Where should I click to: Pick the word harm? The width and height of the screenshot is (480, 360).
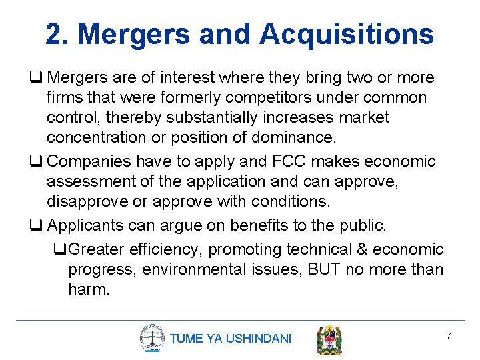pos(89,289)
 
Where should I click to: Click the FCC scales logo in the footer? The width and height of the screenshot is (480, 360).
pos(152,338)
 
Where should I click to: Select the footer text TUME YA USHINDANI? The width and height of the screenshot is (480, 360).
pos(231,339)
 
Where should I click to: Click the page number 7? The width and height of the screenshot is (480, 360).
pos(449,337)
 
